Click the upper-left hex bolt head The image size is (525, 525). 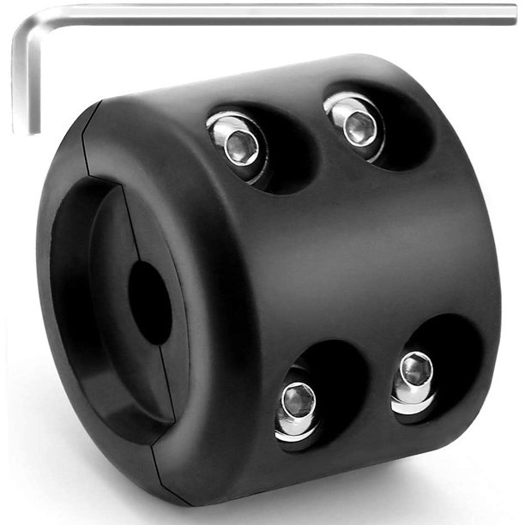(239, 143)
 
